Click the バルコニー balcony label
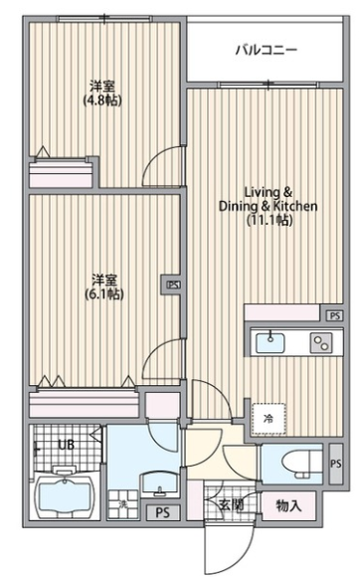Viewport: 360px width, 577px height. (267, 50)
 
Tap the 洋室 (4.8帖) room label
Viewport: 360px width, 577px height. (102, 94)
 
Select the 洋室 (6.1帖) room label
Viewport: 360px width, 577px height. (104, 287)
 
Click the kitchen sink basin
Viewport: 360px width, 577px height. (270, 342)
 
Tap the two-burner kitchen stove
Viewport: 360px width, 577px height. (321, 342)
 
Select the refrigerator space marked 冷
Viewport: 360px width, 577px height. (269, 418)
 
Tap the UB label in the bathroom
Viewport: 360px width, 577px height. (67, 445)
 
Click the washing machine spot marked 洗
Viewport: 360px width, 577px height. (123, 503)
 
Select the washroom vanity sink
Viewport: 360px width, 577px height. (159, 484)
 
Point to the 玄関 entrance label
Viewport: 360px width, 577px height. (232, 505)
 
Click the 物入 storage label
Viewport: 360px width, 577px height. (288, 506)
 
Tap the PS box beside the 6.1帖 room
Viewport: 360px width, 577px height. (173, 285)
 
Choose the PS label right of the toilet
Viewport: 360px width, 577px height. (335, 464)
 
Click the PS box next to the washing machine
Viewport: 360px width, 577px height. (163, 512)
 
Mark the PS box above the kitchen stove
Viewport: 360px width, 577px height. (334, 315)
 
